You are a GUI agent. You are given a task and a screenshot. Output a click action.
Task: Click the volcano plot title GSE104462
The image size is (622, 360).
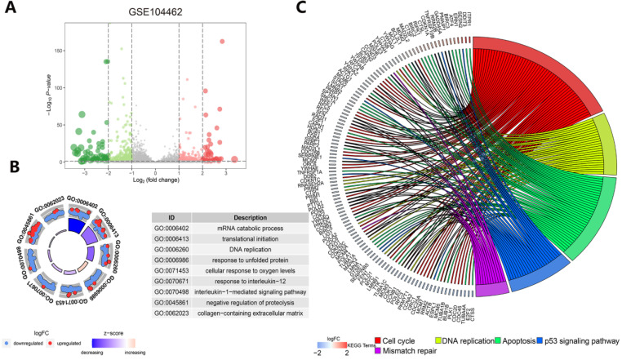[155, 13]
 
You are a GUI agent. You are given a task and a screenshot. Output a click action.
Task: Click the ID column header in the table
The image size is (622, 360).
[171, 217]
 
